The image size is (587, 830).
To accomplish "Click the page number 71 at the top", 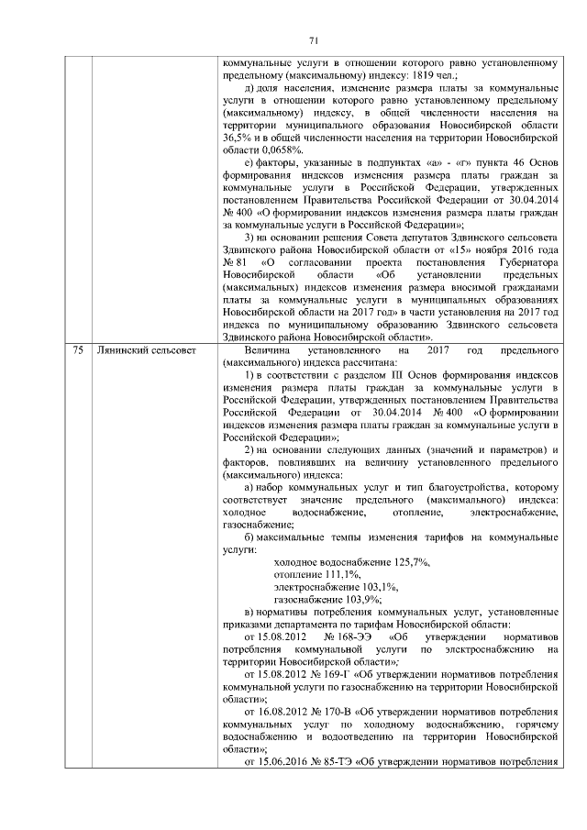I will tap(312, 39).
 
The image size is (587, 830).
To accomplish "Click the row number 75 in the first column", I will tap(78, 350).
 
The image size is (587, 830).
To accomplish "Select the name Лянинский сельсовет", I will tap(142, 350).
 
